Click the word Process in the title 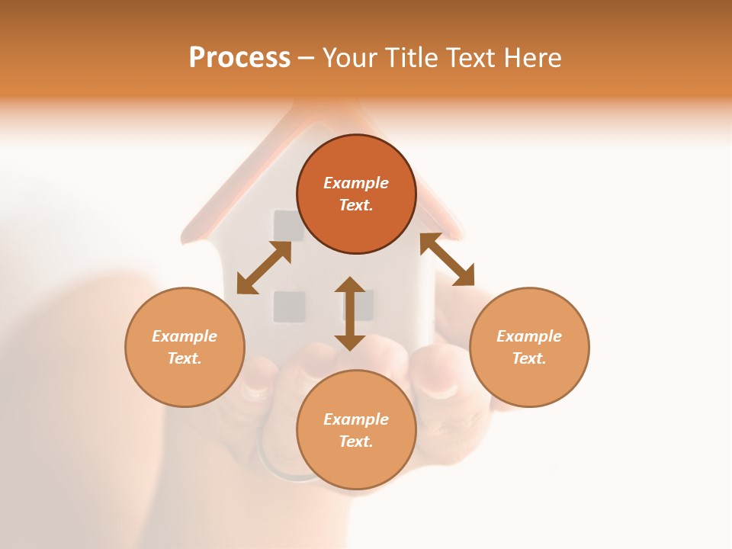[239, 58]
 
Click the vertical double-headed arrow [350, 313]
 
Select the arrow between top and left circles [264, 268]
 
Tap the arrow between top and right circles [448, 259]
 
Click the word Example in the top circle [356, 183]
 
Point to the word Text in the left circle [185, 358]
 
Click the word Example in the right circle [529, 336]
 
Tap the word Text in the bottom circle [356, 441]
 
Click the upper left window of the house [287, 226]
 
